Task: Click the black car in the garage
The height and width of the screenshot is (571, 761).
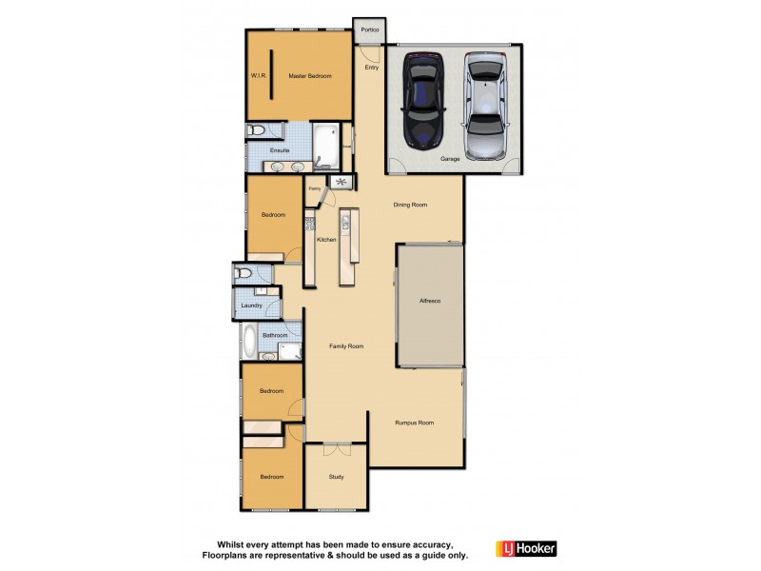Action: point(423,99)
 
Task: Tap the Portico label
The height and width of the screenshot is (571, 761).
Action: point(369,30)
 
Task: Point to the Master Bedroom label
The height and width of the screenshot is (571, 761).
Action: point(310,75)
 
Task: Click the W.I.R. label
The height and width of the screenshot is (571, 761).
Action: point(258,75)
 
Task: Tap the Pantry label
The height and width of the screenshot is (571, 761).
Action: point(314,189)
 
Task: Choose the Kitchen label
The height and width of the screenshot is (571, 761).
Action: point(326,240)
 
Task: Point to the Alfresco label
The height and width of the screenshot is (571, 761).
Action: point(430,301)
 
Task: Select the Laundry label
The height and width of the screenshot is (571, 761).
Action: point(251,305)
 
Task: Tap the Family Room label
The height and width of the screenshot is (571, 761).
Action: point(346,346)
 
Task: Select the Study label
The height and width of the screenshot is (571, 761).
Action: point(336,477)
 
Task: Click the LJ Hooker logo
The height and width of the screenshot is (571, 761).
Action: point(526,548)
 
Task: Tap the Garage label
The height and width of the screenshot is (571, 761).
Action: point(450,159)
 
